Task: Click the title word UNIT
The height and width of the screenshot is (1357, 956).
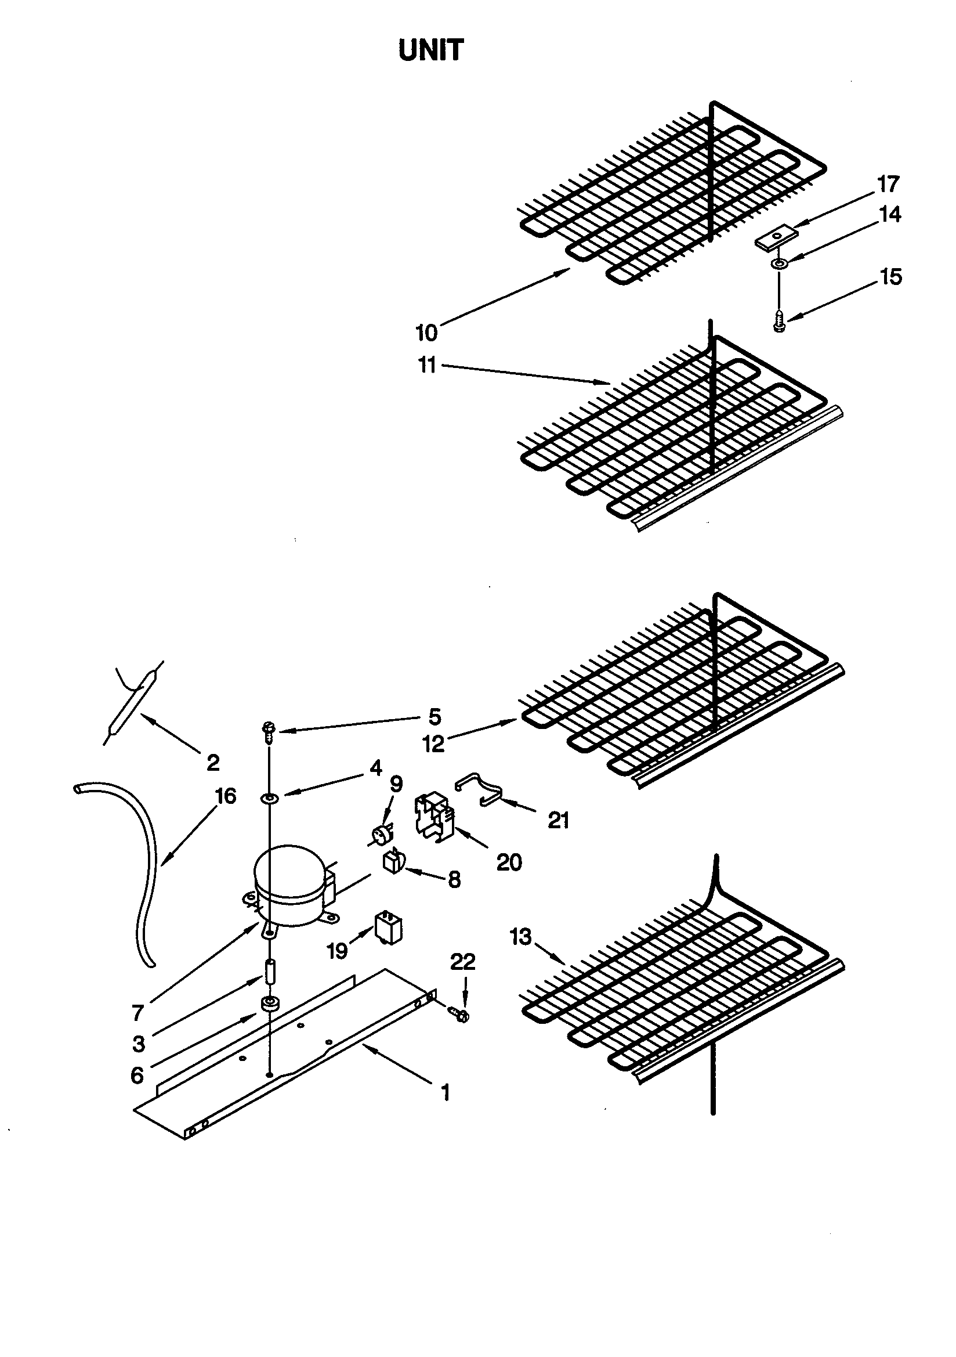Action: pos(431,51)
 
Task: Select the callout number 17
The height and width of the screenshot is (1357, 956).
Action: pos(888,185)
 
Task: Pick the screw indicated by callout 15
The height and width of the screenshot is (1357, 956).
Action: pos(779,322)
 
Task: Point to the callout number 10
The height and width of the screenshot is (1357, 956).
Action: pos(426,333)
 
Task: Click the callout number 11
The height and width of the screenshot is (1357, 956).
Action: pos(426,365)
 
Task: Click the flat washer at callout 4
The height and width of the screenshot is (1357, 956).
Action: pos(270,799)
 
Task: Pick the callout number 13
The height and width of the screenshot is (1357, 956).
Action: pos(520,937)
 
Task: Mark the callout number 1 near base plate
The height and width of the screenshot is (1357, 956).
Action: pos(446,1092)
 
